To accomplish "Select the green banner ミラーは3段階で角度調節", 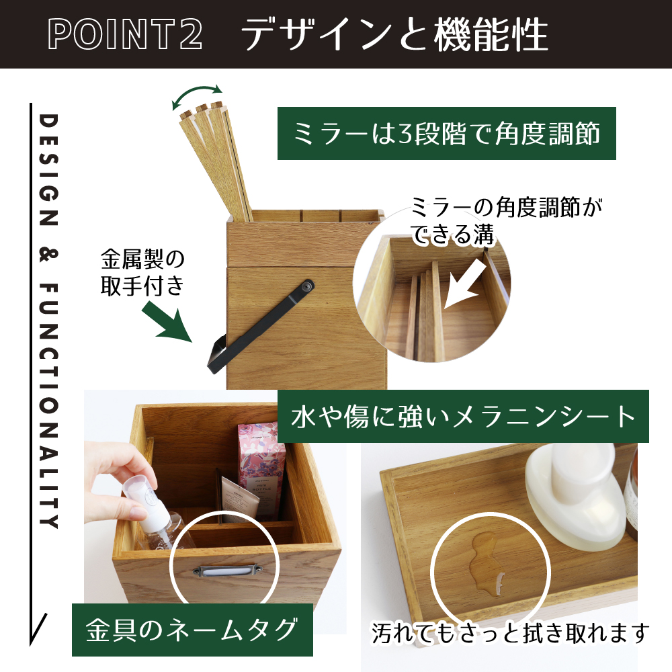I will pos(447,133).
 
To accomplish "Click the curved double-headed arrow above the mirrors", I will pos(197,96).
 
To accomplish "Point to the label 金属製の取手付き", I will pos(142,271).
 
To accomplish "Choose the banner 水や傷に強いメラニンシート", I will pos(463,417).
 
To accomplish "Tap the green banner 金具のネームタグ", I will pos(192,630).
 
